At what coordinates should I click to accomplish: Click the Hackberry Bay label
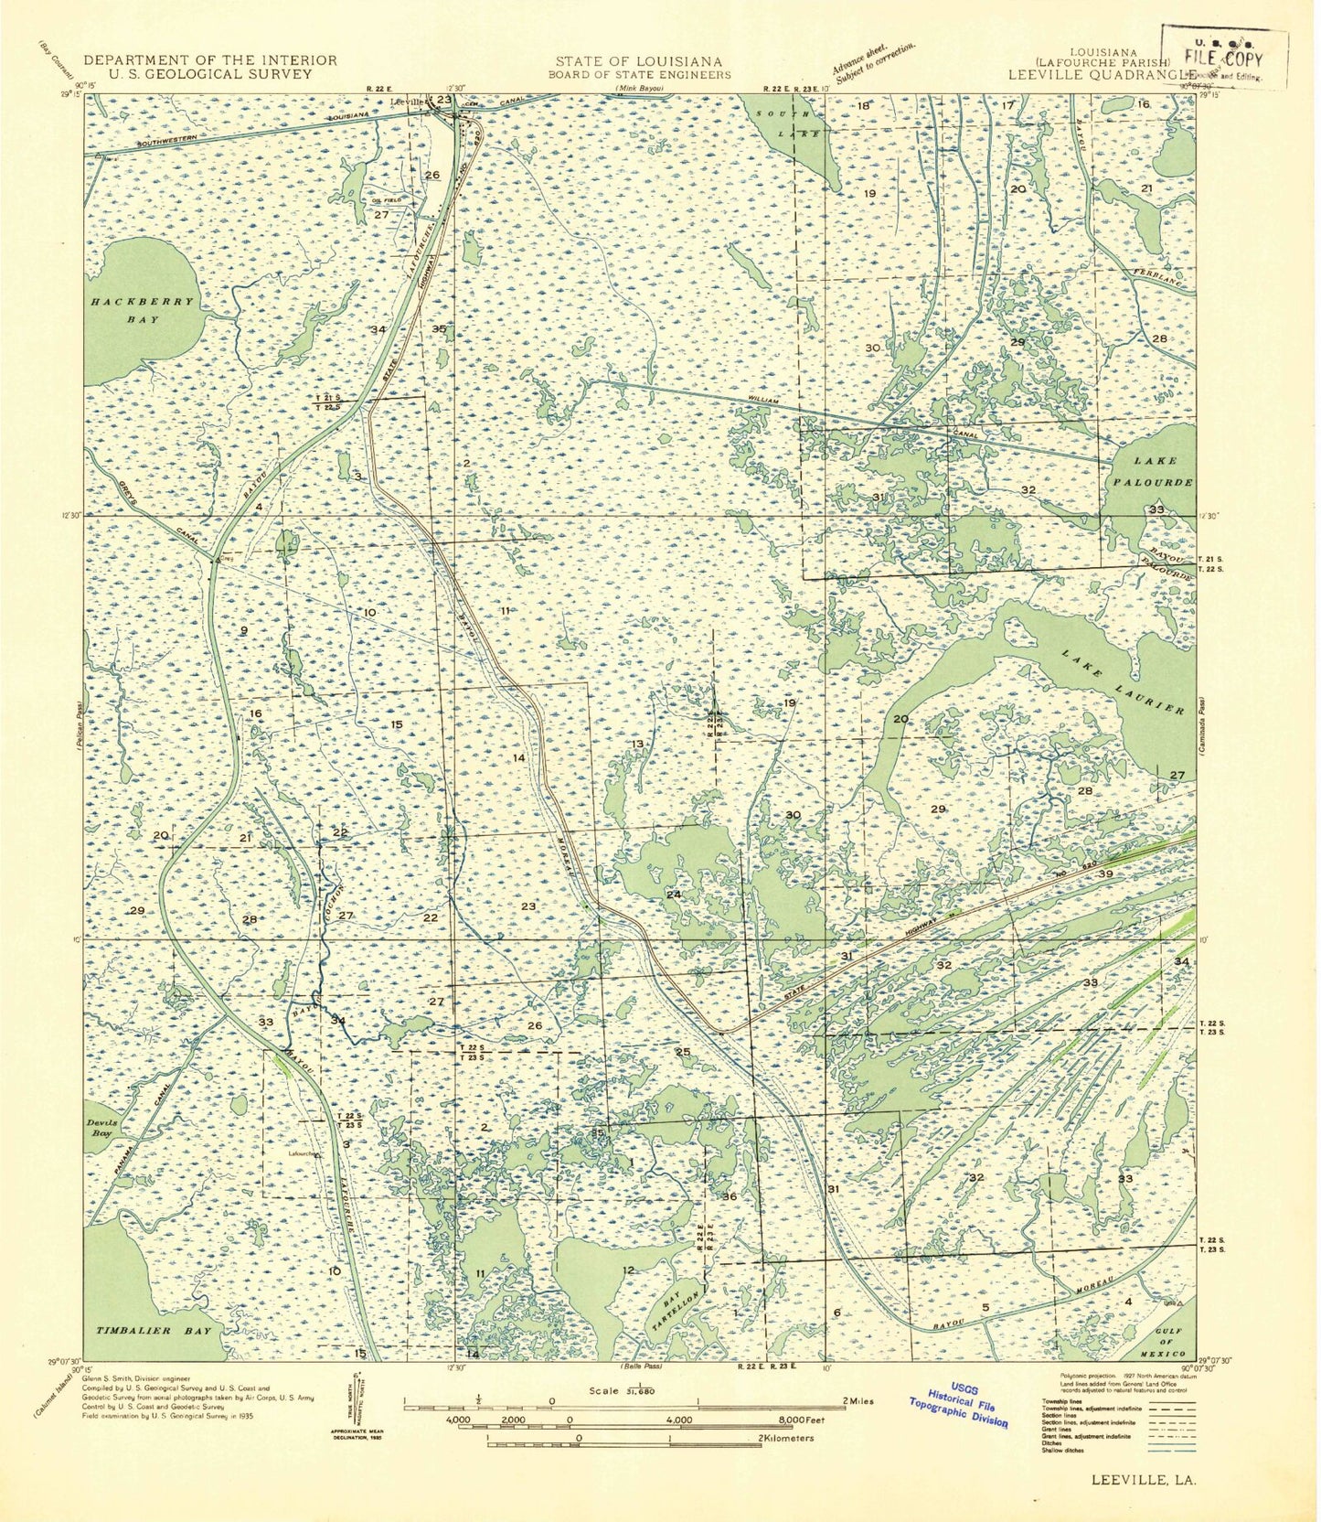[142, 310]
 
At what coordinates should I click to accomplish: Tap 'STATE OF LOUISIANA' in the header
[639, 60]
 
